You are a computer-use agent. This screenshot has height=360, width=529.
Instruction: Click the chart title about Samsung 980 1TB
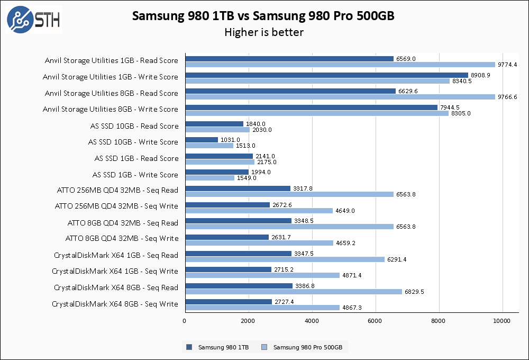263,16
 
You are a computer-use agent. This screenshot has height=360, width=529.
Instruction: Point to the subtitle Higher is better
263,32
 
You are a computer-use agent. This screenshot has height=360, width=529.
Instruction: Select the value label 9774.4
507,65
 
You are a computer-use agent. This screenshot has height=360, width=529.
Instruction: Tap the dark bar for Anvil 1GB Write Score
326,75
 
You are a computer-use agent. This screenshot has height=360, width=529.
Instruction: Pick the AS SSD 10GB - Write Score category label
133,142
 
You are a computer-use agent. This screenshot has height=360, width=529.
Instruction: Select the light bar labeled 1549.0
209,178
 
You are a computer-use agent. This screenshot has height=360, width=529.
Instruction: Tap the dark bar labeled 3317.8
238,188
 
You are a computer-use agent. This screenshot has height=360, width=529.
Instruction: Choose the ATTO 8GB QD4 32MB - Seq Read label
123,223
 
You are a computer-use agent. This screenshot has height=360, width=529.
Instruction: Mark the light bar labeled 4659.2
259,243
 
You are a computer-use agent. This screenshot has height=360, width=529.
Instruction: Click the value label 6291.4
397,259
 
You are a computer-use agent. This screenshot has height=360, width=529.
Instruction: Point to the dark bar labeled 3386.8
239,286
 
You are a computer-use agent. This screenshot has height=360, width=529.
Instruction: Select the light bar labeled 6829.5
294,292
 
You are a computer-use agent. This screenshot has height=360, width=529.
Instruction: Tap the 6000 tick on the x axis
375,321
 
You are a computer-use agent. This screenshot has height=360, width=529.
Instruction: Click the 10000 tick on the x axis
502,321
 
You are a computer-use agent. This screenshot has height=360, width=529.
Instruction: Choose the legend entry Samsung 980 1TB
218,348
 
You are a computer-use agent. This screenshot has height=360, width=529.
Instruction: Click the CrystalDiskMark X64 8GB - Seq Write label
115,304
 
